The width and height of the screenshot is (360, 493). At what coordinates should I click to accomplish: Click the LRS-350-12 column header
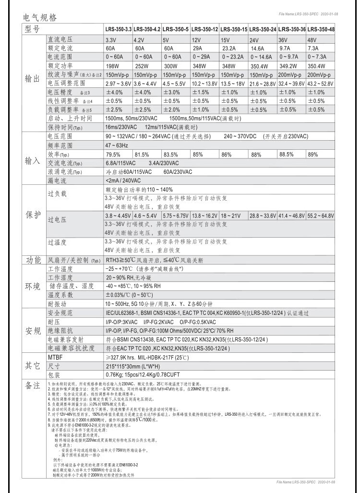205,29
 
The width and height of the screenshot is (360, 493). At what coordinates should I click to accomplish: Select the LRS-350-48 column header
320,29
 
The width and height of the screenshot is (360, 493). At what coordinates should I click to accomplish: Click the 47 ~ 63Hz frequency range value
117,145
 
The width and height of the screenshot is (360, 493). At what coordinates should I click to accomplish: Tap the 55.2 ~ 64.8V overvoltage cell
320,216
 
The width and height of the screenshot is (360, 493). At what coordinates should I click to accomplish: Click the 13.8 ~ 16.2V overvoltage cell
205,216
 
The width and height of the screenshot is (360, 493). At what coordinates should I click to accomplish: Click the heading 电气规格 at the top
40,18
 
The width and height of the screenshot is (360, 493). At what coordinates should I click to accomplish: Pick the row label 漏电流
57,180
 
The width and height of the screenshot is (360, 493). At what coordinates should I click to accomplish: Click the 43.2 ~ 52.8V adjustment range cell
320,83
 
